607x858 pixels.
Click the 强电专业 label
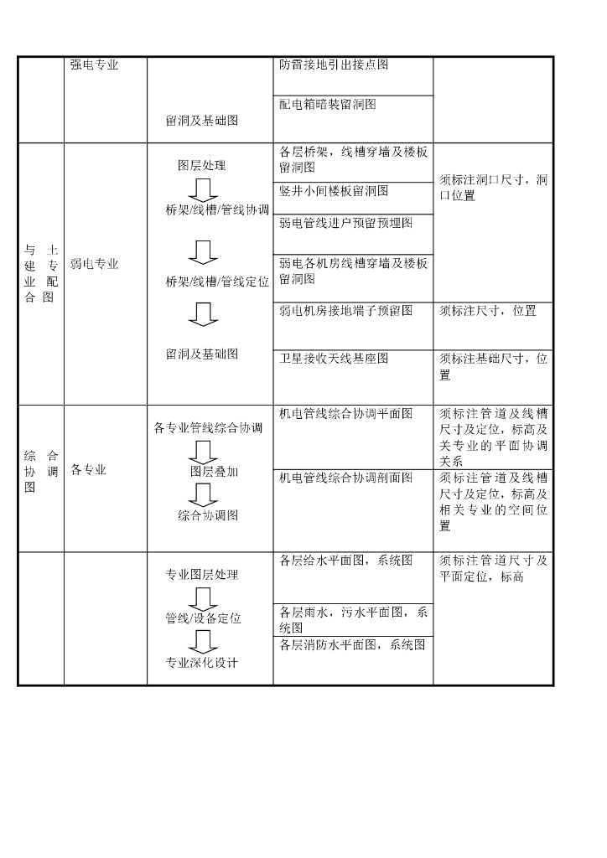[x=95, y=65]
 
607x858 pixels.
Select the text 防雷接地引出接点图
[x=333, y=65]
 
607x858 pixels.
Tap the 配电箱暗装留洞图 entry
[x=327, y=104]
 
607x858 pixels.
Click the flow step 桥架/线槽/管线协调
[x=217, y=210]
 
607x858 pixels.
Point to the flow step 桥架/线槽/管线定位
[x=217, y=282]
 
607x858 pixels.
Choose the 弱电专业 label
[x=95, y=264]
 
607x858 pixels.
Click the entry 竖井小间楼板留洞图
[x=334, y=191]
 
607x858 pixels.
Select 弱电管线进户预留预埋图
[x=345, y=223]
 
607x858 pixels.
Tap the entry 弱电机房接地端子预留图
[x=345, y=310]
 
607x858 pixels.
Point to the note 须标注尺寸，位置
[x=488, y=310]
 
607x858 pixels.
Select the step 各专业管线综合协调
[x=208, y=428]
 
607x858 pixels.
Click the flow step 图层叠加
[x=214, y=472]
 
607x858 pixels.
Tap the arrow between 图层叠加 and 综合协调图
[x=202, y=494]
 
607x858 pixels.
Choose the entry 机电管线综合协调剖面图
[x=345, y=478]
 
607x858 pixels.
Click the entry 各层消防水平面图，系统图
[x=352, y=644]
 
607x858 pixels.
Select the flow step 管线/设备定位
[x=203, y=618]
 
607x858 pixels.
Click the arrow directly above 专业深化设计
[x=202, y=641]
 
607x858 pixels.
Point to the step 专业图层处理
[x=202, y=575]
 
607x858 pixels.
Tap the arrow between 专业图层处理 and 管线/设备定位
[x=202, y=597]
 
